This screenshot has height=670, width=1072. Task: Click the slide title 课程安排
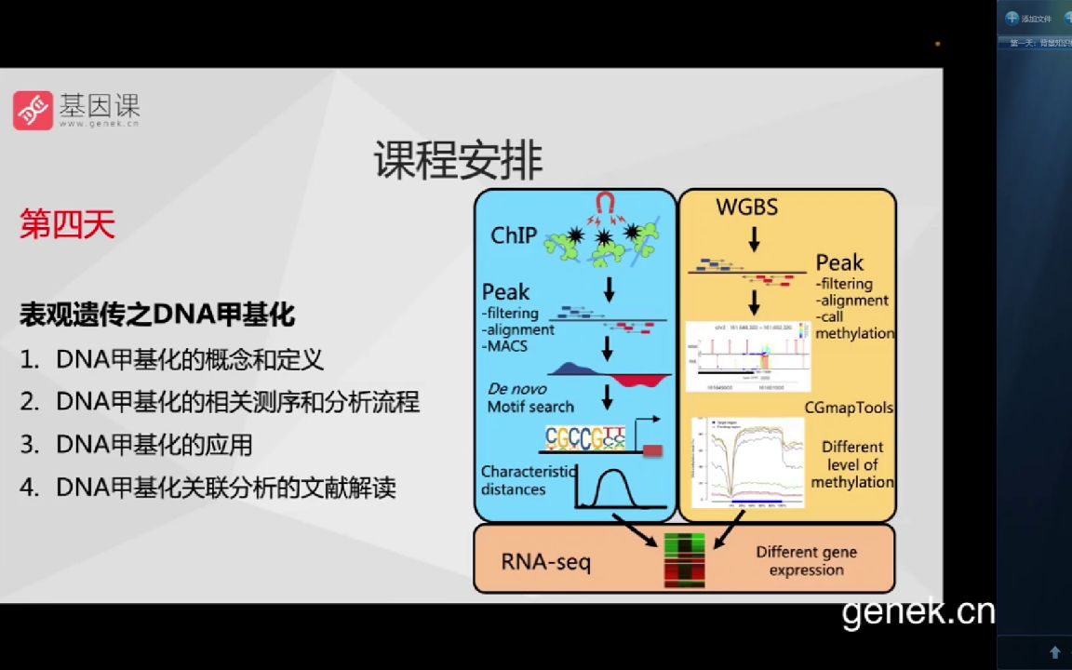[x=458, y=161]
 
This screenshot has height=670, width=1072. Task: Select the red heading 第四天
[x=67, y=225]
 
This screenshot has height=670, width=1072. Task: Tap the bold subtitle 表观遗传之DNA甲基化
[x=157, y=315]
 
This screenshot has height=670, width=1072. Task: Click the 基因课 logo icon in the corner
[x=33, y=111]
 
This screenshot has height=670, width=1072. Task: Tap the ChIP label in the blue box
[x=514, y=235]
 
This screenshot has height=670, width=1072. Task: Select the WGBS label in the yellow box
[x=746, y=207]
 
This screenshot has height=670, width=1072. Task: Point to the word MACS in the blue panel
[x=505, y=346]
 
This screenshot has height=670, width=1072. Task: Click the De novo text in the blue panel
[x=516, y=389]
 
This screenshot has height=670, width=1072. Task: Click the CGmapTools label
[x=849, y=408]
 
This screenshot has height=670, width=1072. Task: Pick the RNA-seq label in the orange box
[x=545, y=561]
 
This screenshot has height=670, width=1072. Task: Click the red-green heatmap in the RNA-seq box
[x=684, y=560]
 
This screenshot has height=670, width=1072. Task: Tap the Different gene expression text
[x=806, y=560]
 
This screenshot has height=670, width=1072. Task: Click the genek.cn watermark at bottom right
[x=918, y=612]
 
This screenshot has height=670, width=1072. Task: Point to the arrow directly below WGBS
[x=754, y=239]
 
